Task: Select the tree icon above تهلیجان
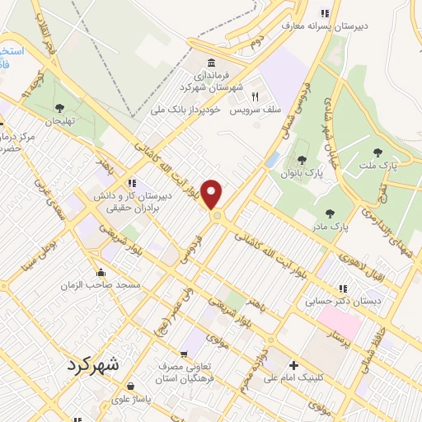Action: [x=59, y=108]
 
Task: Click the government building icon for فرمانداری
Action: [x=212, y=63]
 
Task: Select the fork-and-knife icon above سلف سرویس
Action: [x=255, y=96]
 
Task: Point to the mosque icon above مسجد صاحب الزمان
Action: [x=101, y=272]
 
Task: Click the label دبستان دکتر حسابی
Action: [x=343, y=301]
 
